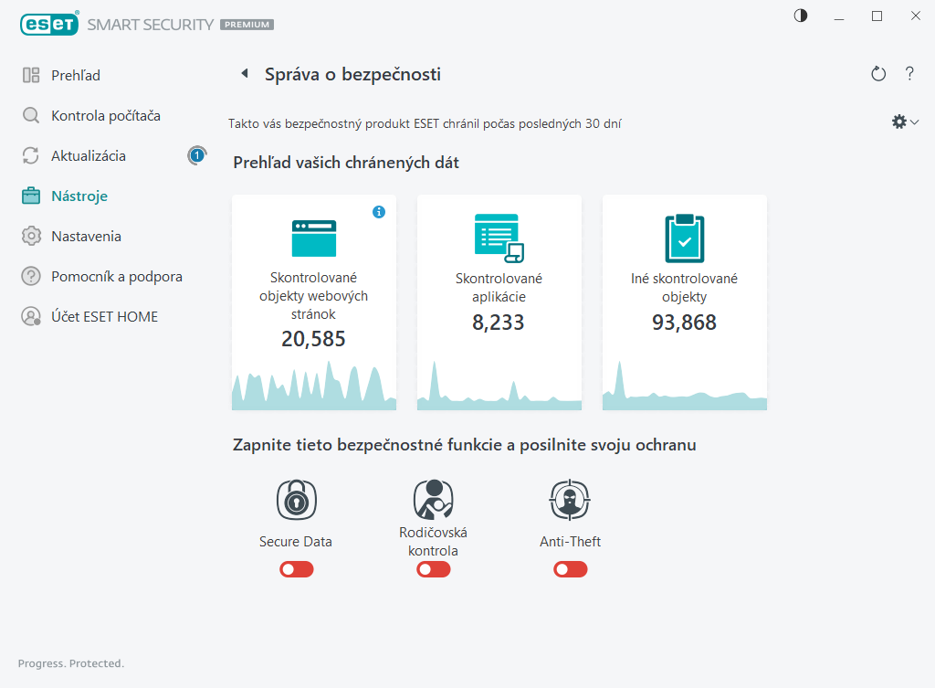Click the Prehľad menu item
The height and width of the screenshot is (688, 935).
pyautogui.click(x=75, y=76)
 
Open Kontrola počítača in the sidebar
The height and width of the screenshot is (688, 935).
pyautogui.click(x=105, y=116)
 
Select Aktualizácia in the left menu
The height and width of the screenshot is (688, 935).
pyautogui.click(x=88, y=156)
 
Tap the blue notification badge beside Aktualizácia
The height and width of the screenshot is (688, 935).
pyautogui.click(x=196, y=156)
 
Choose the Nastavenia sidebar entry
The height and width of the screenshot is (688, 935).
pyautogui.click(x=86, y=237)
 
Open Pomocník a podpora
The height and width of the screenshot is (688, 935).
pyautogui.click(x=116, y=277)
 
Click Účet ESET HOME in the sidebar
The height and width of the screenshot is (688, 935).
pyautogui.click(x=104, y=317)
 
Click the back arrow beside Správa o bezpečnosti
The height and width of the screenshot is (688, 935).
pyautogui.click(x=244, y=74)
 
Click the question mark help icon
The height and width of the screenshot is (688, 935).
pyautogui.click(x=909, y=74)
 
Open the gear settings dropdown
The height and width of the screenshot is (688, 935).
pyautogui.click(x=904, y=122)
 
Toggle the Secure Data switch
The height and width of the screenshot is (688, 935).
pyautogui.click(x=296, y=569)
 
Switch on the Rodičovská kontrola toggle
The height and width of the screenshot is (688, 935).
pyautogui.click(x=433, y=569)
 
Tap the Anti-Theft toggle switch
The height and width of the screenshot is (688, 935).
pyautogui.click(x=570, y=569)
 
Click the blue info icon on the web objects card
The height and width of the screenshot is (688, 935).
pyautogui.click(x=379, y=212)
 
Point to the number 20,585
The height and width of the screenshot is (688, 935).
pyautogui.click(x=313, y=340)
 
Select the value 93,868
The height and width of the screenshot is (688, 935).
pyautogui.click(x=684, y=323)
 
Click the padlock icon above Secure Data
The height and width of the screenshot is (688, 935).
pyautogui.click(x=296, y=500)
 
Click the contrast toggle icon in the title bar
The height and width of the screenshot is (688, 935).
pyautogui.click(x=801, y=16)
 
